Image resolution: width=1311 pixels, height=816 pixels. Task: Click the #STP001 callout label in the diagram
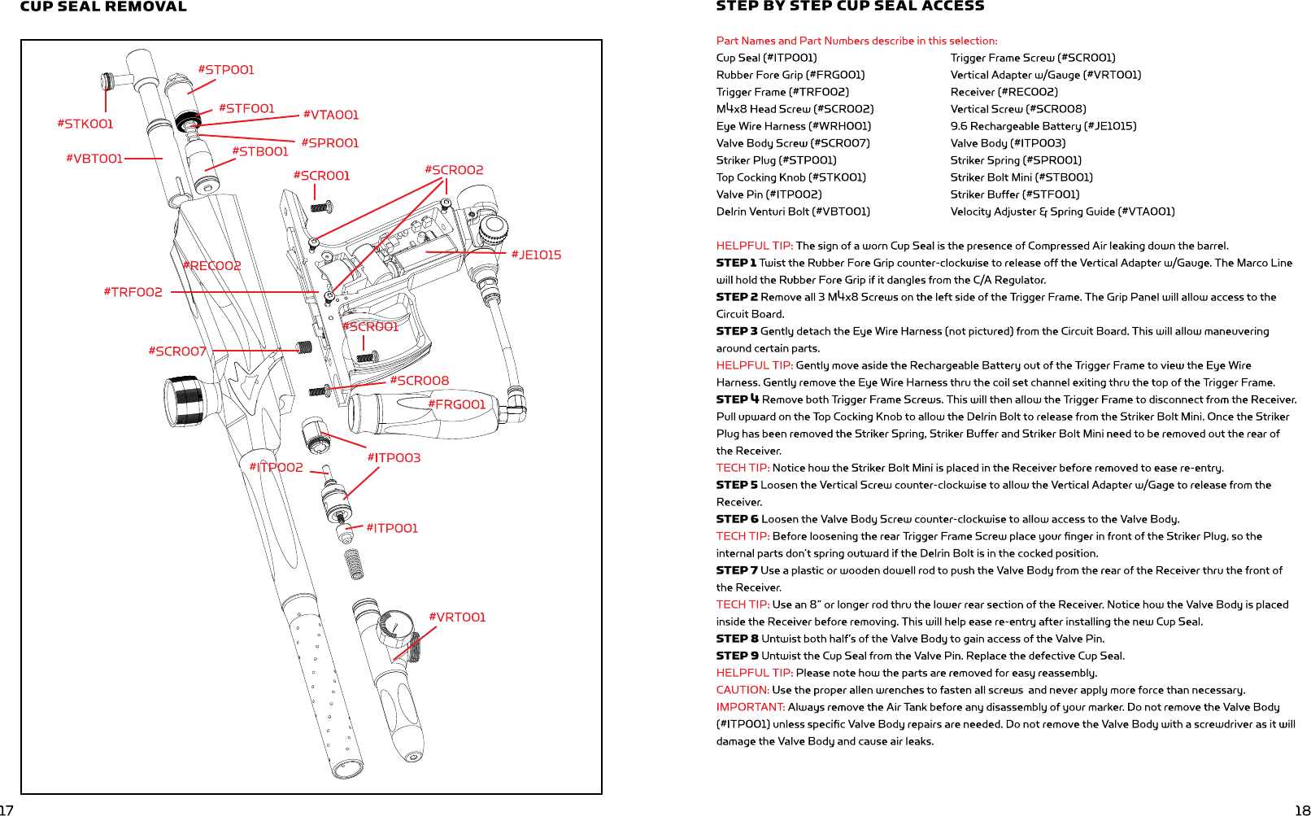coord(226,70)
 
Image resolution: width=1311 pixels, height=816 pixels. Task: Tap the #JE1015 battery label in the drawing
coord(536,255)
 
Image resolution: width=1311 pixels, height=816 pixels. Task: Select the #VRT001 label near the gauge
coord(457,617)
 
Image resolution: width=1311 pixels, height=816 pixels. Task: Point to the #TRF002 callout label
coord(133,292)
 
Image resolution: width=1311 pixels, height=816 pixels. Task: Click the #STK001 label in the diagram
coord(85,124)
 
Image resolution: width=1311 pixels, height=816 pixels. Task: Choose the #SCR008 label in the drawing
coord(419,381)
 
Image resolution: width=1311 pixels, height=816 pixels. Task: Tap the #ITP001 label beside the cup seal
coord(392,528)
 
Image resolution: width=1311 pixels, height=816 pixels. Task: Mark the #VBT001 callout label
coord(94,159)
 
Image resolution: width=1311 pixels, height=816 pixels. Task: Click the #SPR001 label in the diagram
coord(329,143)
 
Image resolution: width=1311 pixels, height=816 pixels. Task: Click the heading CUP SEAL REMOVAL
coord(103,7)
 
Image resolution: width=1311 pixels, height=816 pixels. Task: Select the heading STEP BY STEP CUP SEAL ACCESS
coord(850,7)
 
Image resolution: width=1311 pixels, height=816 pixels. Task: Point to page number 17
coord(7,809)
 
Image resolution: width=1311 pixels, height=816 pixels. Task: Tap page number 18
coord(1302,809)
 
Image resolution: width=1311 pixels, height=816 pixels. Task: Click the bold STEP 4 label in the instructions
coord(737,399)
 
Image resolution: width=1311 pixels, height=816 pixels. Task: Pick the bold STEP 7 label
coord(737,570)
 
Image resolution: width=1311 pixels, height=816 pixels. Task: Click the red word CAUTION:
coord(743,690)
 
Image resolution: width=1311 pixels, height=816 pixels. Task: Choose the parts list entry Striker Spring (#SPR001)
coord(1016,160)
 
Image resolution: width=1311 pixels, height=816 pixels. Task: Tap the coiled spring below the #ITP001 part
coord(354,565)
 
